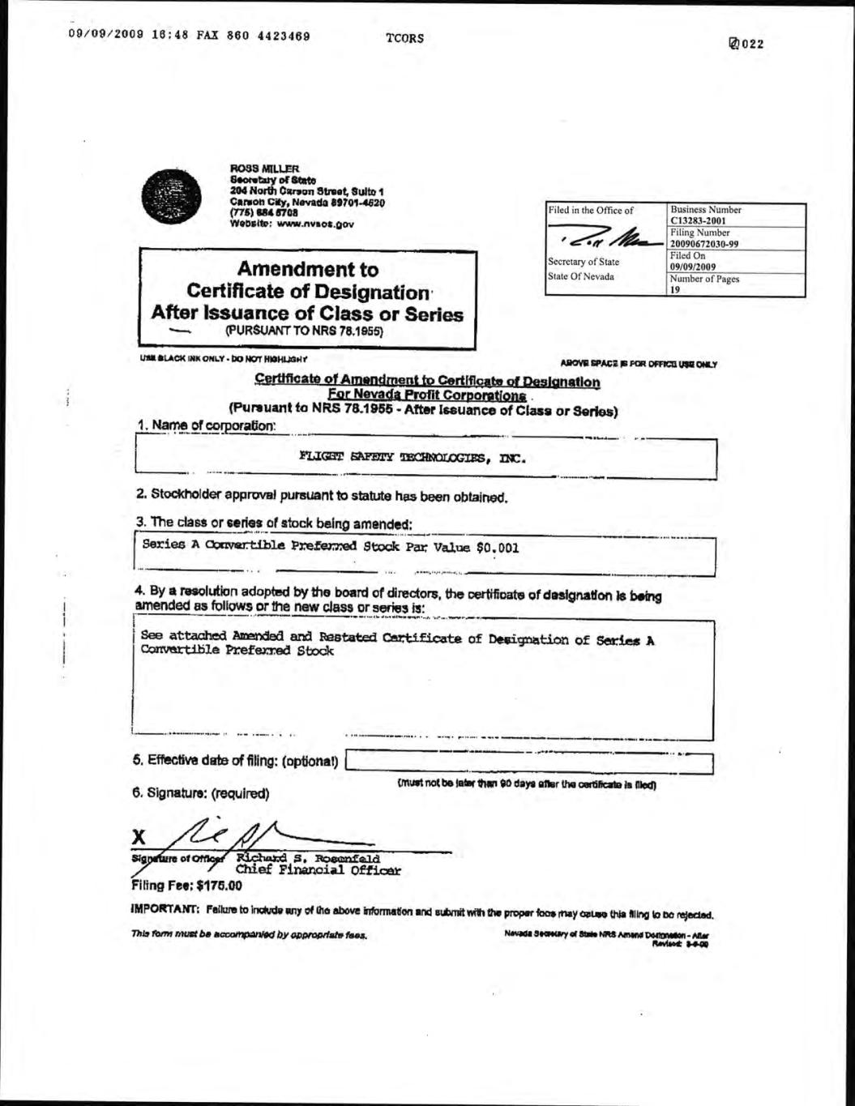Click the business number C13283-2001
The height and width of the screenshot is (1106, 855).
(x=698, y=220)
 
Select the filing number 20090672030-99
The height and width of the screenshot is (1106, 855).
(x=704, y=244)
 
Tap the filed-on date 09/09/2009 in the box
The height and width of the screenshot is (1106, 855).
(x=693, y=267)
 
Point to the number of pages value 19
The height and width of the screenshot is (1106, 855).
(x=674, y=289)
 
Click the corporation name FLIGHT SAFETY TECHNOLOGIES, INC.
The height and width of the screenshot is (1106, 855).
(x=413, y=458)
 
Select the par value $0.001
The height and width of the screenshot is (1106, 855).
(x=498, y=547)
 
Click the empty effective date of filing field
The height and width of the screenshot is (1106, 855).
(x=528, y=762)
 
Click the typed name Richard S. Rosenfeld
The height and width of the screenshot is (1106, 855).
(x=308, y=859)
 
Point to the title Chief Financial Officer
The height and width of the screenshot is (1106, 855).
(x=318, y=871)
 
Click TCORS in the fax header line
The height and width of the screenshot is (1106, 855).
(x=405, y=38)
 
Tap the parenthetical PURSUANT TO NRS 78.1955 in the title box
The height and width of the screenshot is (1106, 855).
(x=304, y=331)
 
